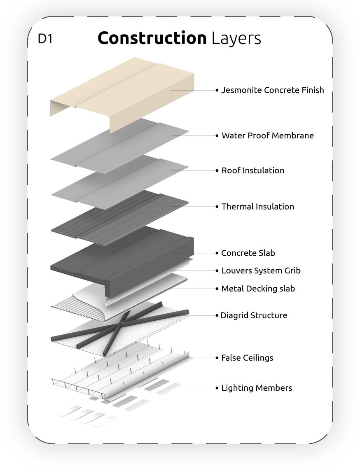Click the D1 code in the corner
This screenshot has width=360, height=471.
tap(45, 39)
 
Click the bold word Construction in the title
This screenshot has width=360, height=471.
tap(152, 38)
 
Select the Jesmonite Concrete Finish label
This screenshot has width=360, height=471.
tap(272, 90)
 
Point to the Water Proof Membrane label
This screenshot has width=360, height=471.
tap(267, 135)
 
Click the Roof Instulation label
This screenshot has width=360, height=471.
tap(252, 170)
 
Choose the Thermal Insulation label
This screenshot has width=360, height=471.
tap(257, 207)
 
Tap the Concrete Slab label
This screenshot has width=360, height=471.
tap(248, 253)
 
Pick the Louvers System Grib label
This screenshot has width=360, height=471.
tap(261, 271)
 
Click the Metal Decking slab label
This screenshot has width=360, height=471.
tap(258, 289)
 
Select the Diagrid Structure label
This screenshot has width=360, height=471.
tap(254, 315)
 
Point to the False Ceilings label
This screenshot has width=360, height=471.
tap(247, 358)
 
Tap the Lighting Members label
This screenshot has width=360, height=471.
tap(257, 388)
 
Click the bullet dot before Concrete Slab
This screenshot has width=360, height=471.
tap(217, 253)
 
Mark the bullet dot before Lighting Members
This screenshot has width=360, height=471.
tap(217, 388)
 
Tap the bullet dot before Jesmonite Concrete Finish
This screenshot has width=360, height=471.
tap(217, 90)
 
